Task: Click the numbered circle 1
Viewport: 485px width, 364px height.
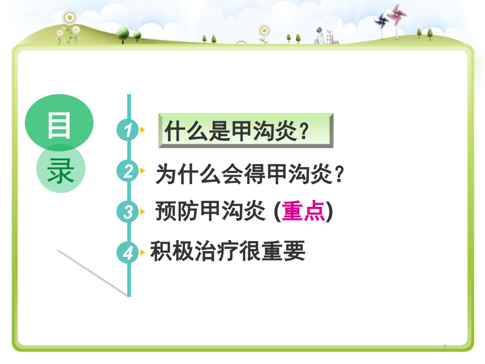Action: [128, 130]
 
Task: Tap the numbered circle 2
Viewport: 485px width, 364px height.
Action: [128, 171]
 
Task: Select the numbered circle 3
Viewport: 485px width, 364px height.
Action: [128, 212]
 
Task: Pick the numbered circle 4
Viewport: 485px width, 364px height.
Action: [128, 253]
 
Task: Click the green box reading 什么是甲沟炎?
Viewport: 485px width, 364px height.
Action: [246, 131]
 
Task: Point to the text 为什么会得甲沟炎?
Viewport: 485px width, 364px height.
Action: [249, 174]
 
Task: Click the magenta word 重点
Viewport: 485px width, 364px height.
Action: [303, 211]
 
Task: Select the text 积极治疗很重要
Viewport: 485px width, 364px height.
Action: [228, 251]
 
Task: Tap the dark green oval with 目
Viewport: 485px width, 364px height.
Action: [59, 123]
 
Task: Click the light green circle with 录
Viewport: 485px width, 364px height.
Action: [61, 169]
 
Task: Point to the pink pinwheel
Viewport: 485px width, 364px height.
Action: [396, 15]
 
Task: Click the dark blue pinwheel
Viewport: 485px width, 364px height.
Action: [382, 21]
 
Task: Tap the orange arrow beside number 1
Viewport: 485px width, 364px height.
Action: [142, 130]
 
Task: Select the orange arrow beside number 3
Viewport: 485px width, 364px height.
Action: [142, 212]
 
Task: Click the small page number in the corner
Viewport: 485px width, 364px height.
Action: [444, 347]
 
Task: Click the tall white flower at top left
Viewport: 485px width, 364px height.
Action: [70, 18]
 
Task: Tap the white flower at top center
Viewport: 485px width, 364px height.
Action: [264, 31]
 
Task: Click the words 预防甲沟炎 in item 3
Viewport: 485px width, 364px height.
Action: [210, 211]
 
